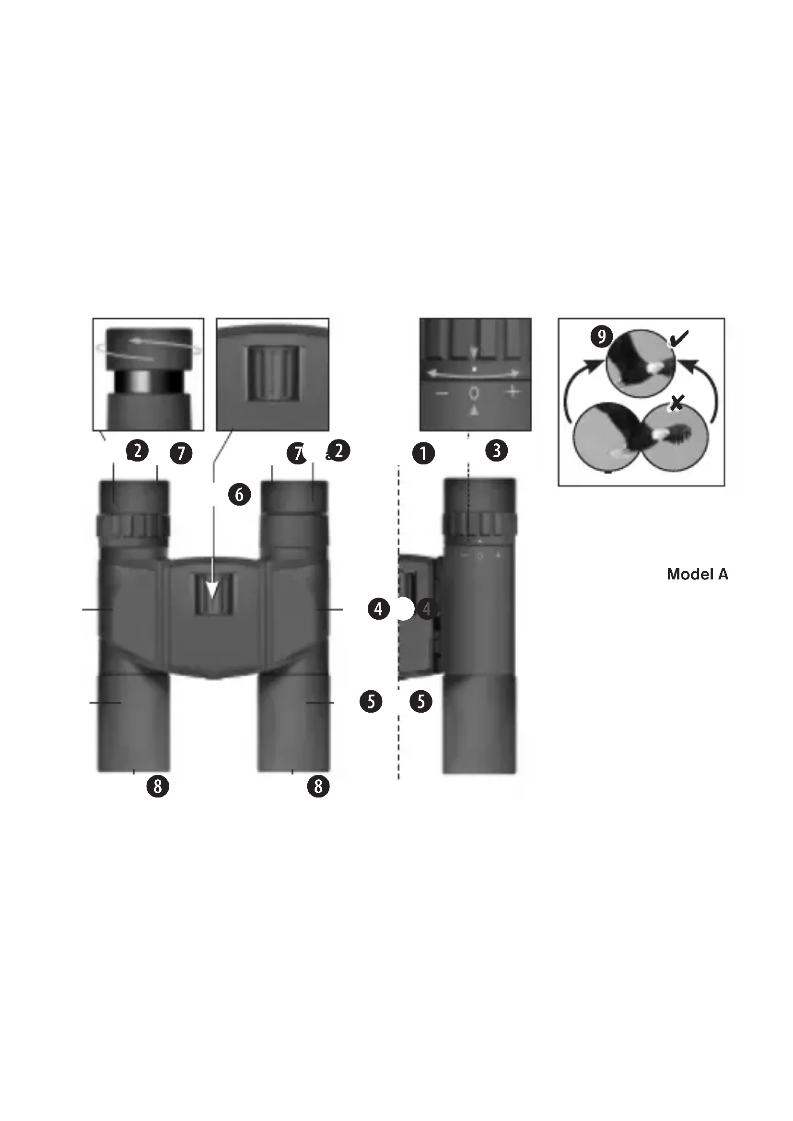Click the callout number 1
(x=423, y=453)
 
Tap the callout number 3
(x=497, y=450)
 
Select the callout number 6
(x=239, y=495)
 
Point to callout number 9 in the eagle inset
(x=601, y=336)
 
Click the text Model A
(x=697, y=574)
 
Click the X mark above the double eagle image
(x=676, y=403)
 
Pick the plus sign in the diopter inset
(x=512, y=392)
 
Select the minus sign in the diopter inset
(x=442, y=393)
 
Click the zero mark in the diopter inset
(x=474, y=393)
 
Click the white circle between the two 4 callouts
(x=403, y=609)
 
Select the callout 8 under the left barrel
(x=157, y=786)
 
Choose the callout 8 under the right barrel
(x=318, y=786)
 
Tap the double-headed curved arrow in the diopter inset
(x=474, y=373)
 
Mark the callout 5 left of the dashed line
(x=371, y=702)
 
